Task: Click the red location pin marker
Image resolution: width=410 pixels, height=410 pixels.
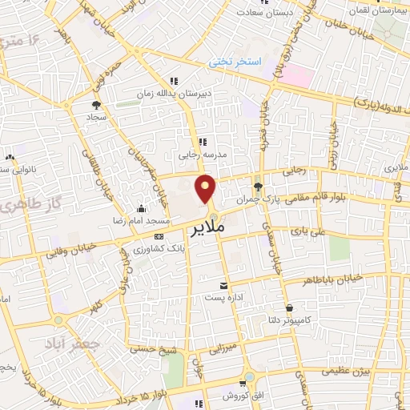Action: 206,188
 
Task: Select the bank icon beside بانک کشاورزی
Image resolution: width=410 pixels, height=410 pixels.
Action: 159,237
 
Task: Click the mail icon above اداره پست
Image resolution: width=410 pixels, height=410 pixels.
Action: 224,285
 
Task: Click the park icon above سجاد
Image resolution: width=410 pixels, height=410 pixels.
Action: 96,104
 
